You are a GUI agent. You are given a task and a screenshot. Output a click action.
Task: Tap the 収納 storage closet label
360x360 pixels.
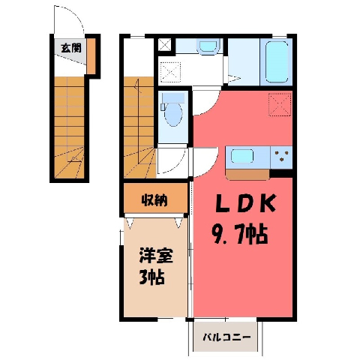point(154,200)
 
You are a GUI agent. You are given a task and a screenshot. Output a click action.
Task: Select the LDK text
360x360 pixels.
point(245,204)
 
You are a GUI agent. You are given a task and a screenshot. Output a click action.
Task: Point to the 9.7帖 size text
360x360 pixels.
point(240,234)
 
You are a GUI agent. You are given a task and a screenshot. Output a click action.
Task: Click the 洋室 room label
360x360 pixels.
point(156,255)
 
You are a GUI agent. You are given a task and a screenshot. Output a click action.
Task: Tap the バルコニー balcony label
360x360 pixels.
point(226,337)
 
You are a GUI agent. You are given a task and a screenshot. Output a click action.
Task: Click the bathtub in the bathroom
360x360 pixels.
point(277,61)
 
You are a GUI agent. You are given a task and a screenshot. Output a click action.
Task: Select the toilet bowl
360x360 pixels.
point(173,115)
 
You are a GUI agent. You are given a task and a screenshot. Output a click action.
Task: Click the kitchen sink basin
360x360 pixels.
point(241,156)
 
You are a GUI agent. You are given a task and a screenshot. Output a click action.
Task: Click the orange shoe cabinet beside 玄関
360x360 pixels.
point(91,56)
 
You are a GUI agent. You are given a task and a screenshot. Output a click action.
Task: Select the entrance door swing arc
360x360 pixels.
point(75,13)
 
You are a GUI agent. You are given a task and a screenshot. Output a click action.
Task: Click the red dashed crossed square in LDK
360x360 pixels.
point(280,104)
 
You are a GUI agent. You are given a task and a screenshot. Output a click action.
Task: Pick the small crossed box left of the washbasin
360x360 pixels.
point(165,45)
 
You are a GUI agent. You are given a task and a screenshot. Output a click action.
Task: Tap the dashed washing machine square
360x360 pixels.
point(170,72)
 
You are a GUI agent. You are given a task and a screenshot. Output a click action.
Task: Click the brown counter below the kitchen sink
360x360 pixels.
point(247,175)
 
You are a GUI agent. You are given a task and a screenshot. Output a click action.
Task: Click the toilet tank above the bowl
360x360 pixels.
point(173,98)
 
